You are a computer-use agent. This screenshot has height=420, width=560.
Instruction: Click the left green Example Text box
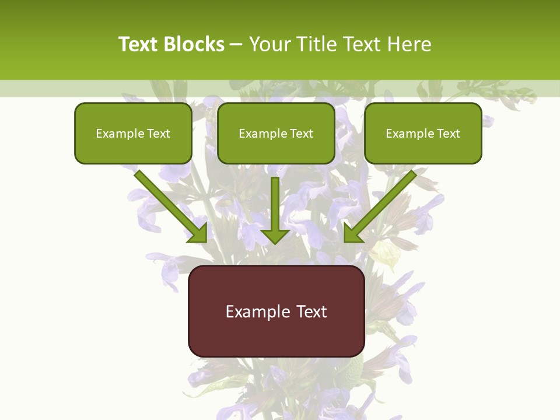point(133,134)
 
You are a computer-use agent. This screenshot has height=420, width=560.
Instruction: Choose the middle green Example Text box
point(276,134)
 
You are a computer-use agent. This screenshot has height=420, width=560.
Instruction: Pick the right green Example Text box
point(423,134)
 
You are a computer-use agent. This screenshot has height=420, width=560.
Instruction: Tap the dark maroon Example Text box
point(276,311)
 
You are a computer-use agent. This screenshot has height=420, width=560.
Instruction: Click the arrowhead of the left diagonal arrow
point(198,233)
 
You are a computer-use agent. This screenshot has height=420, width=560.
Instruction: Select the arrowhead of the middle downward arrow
point(275,236)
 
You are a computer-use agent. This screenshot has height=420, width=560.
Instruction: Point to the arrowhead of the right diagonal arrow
point(353,233)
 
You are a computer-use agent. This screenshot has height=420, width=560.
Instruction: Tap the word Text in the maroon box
point(311,312)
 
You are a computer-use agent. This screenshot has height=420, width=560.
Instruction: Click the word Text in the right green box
point(448,134)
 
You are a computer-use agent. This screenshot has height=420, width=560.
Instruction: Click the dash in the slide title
point(236,44)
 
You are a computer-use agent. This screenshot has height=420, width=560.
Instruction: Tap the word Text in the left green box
point(159,134)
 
